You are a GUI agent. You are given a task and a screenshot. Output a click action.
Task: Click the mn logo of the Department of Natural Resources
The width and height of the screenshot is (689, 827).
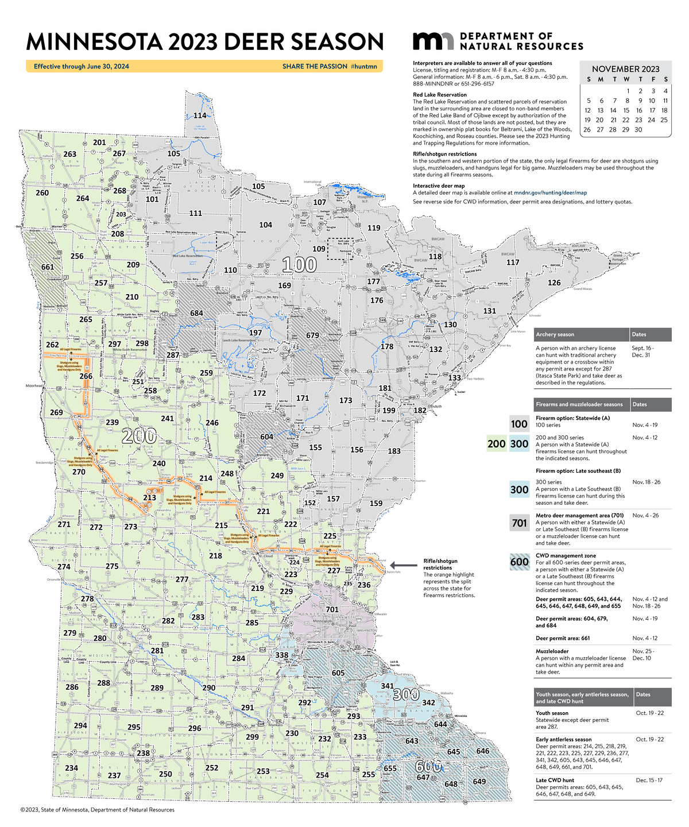click(433, 41)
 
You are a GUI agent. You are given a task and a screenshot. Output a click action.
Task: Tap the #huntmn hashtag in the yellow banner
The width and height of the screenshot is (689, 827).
click(363, 67)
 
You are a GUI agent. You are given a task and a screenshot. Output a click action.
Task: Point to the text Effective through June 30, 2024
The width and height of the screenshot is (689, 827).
click(81, 67)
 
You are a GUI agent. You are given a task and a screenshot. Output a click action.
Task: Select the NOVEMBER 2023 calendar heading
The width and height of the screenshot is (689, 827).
click(625, 69)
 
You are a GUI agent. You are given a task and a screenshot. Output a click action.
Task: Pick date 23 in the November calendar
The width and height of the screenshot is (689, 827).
click(638, 120)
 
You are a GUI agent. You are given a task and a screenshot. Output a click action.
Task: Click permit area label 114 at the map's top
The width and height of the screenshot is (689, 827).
click(199, 115)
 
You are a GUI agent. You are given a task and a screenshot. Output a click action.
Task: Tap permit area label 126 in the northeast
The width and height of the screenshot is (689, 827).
click(553, 283)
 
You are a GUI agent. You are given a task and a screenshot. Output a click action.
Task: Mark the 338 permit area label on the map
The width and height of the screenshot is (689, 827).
click(281, 655)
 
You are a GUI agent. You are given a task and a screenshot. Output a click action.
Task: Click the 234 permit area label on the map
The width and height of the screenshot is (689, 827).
click(71, 768)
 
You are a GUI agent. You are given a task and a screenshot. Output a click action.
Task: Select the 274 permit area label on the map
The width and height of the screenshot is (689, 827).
click(64, 567)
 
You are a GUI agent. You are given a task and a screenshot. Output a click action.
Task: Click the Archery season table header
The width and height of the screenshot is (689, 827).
click(555, 334)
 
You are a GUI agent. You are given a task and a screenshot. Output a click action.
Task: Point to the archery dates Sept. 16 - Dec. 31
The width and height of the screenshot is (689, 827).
click(642, 351)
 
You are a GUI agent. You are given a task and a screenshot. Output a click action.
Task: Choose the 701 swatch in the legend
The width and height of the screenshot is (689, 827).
click(519, 523)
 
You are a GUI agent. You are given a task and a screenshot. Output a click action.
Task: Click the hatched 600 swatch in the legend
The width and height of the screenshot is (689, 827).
click(519, 562)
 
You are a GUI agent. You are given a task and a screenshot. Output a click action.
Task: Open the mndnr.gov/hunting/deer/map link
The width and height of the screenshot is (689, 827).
click(550, 194)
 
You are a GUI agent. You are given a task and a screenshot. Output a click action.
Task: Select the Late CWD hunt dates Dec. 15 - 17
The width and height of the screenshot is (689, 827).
click(649, 780)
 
